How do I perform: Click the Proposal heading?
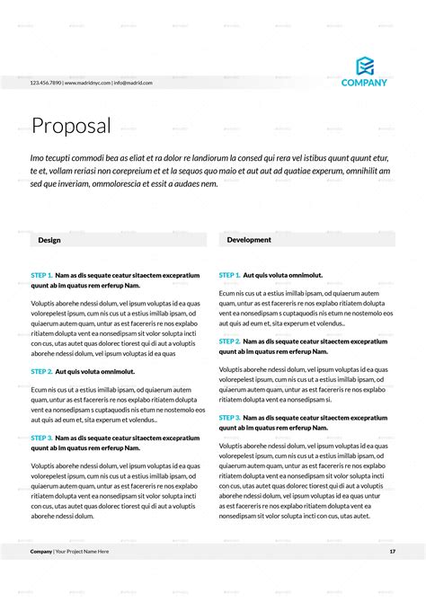(71, 126)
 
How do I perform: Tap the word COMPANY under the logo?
(364, 83)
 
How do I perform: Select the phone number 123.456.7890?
(45, 83)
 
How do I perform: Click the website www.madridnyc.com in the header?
(88, 83)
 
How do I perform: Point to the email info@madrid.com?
(133, 83)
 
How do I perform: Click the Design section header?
(49, 241)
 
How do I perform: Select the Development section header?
(249, 240)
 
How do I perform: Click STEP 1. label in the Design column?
(41, 275)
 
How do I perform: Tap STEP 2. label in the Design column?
(41, 371)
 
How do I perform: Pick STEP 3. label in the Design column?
(41, 438)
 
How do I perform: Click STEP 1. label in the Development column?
(229, 275)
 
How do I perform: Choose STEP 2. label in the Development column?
(229, 341)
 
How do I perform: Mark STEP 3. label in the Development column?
(229, 418)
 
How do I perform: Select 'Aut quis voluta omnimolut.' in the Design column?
(94, 371)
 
